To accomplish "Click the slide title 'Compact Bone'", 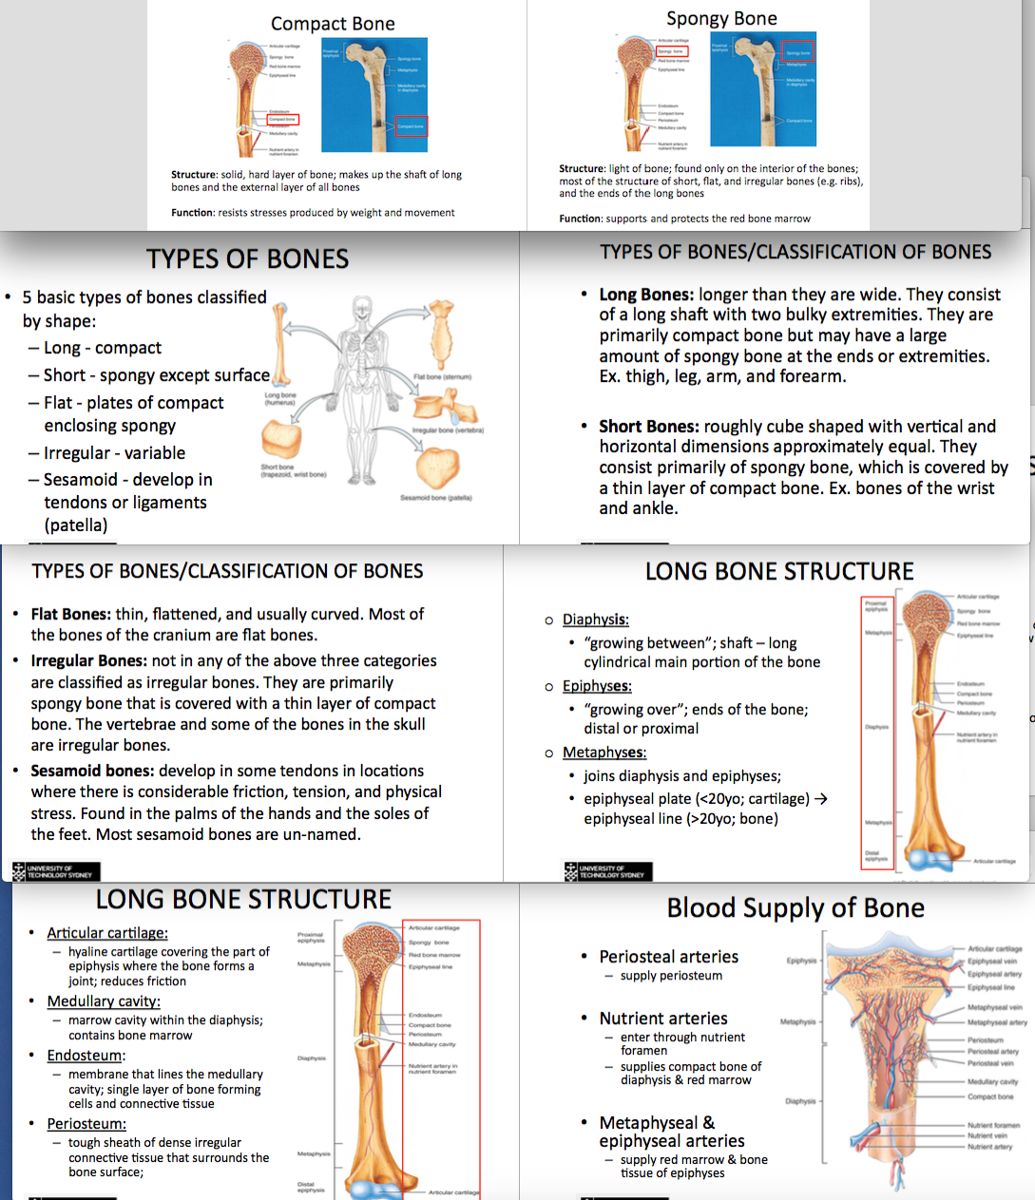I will (333, 24).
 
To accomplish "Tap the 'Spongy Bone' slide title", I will (721, 19).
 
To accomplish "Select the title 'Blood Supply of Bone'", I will (795, 908).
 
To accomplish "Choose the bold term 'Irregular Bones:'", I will (88, 661).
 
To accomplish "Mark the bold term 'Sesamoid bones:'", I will (92, 771).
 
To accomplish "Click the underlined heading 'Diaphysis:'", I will (595, 620).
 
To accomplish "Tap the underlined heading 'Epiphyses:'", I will (597, 686).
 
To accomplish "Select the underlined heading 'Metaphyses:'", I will (604, 752).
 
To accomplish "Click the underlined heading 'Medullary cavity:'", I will (104, 1001).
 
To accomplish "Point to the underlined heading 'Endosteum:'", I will (86, 1056).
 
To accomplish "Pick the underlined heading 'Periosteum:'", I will (86, 1124).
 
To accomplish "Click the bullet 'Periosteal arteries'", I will (668, 957).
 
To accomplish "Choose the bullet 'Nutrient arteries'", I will (663, 1019).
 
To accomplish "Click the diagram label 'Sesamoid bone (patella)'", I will (436, 498).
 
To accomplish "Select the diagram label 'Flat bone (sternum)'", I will (443, 377).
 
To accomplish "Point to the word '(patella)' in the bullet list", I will (76, 525).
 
